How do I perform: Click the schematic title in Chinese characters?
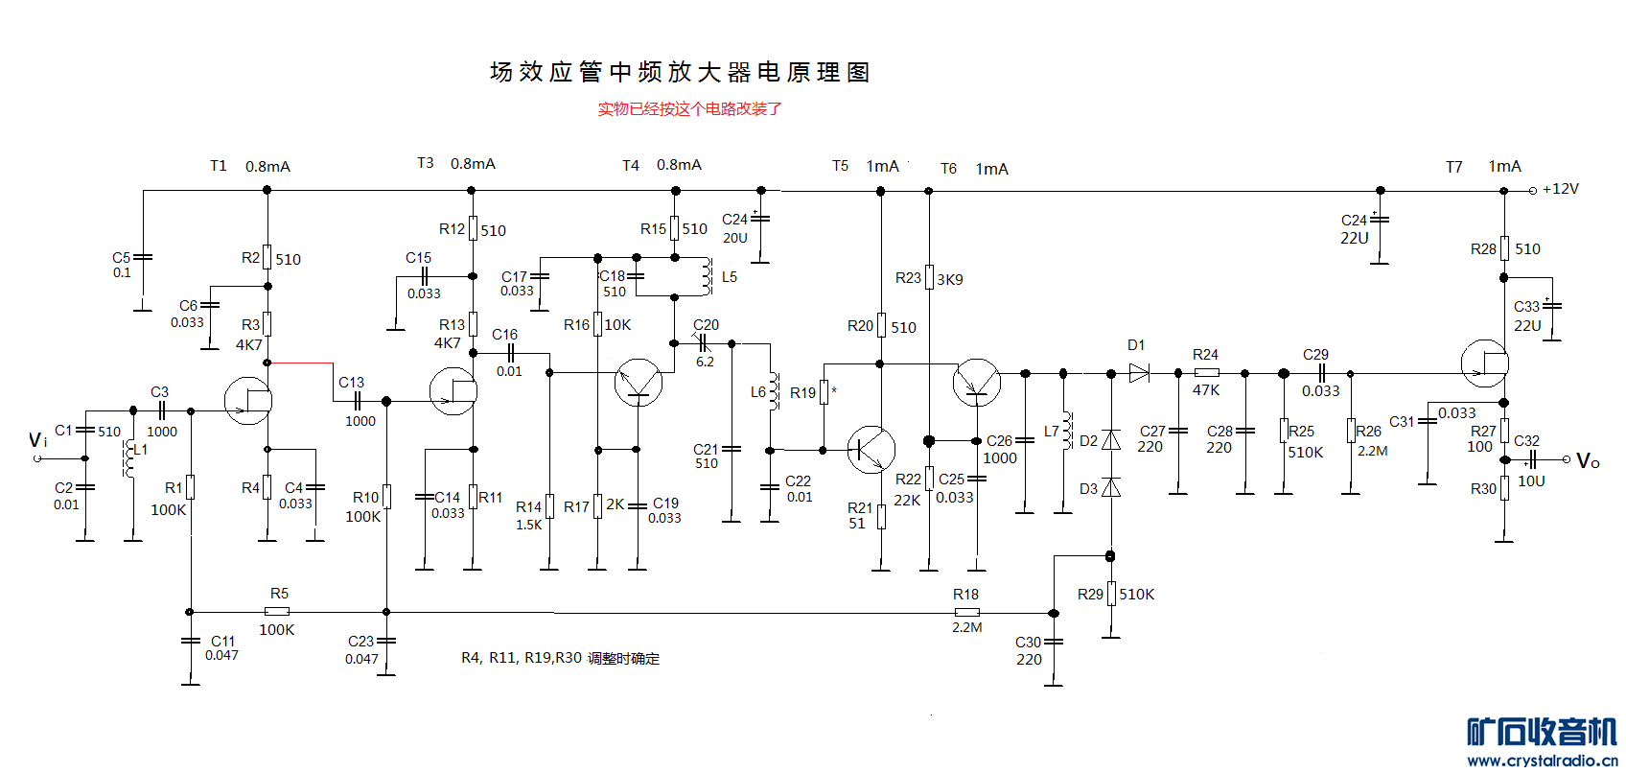(680, 72)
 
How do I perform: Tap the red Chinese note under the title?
(689, 109)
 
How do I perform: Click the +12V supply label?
(1560, 189)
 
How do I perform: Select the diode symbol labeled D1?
(1139, 373)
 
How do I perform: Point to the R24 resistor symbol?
(1206, 373)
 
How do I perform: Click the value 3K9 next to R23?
(950, 280)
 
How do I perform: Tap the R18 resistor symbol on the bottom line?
(966, 612)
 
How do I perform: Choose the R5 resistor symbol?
(277, 612)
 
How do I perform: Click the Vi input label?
(37, 439)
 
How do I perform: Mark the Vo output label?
(1588, 461)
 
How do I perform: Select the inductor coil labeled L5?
(707, 277)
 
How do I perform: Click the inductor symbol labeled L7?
(1066, 431)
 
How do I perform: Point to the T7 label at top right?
(1454, 168)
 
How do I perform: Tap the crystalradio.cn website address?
(1542, 761)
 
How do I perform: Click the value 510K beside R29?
(1137, 595)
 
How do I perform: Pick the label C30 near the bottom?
(1028, 643)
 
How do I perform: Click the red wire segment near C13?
(300, 363)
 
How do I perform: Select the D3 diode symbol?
(1111, 487)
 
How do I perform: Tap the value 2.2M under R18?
(966, 628)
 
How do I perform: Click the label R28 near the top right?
(1483, 249)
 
